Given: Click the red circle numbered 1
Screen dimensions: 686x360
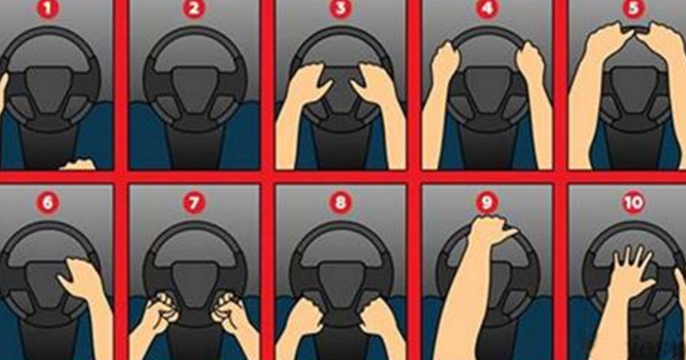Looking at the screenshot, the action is tap(47, 9).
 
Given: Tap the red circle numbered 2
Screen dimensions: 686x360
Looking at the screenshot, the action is tap(194, 9).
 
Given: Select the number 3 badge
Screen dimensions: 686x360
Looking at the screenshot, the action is tap(340, 9).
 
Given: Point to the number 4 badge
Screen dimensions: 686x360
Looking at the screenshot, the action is tap(487, 9).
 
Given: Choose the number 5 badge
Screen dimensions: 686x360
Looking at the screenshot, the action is tap(633, 9).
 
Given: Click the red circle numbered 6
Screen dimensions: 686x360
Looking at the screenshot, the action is tap(47, 203).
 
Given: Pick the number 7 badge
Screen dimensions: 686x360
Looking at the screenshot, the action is tap(194, 203).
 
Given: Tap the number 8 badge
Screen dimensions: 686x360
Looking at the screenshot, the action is tap(340, 203).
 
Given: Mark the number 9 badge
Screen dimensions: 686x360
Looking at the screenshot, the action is tap(487, 203).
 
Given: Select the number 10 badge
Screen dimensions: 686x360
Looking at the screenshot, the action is tap(633, 203).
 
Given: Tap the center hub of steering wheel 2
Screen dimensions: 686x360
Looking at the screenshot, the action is tap(194, 88).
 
